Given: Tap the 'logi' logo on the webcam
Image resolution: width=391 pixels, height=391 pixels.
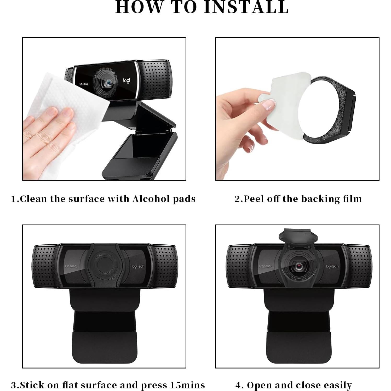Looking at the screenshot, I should click(126, 80).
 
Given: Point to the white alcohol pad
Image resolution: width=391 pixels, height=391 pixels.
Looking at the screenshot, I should click(60, 97).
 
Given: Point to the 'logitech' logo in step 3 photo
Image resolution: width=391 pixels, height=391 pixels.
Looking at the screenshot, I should click(138, 266).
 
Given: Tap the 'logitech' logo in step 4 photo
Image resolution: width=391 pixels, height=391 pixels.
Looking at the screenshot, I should click(332, 266).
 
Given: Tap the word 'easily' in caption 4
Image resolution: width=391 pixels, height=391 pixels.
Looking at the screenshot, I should click(338, 385).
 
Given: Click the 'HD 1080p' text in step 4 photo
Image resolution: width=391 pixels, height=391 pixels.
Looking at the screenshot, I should click(266, 266).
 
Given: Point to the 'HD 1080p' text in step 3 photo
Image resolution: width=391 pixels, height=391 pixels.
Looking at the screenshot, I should click(72, 266).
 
